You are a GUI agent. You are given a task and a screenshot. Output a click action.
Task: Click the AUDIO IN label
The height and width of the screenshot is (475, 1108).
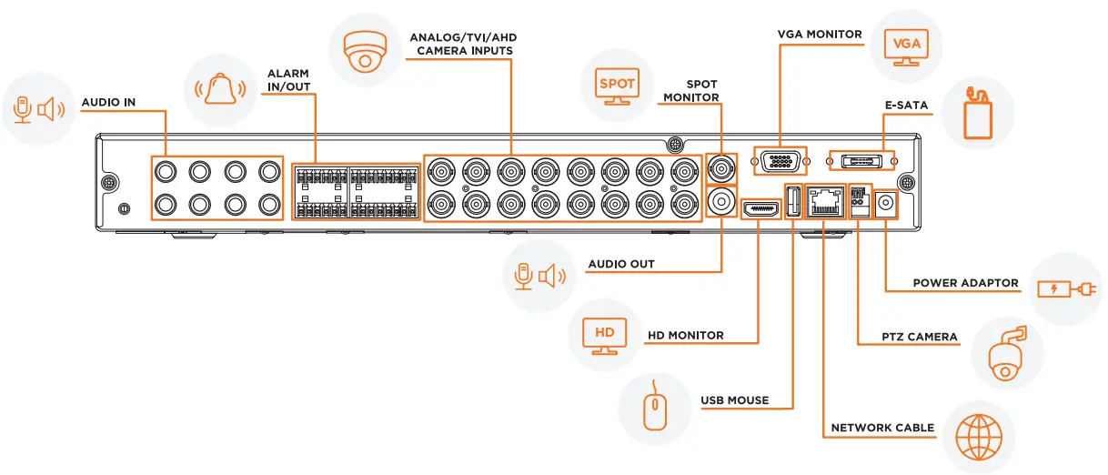click(x=108, y=103)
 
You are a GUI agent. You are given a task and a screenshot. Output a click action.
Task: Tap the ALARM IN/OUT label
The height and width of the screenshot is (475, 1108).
click(x=287, y=80)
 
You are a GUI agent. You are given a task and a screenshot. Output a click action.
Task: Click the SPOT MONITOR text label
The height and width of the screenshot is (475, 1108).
click(x=690, y=91)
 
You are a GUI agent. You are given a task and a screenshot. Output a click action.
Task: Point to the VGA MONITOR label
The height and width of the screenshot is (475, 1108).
click(x=819, y=35)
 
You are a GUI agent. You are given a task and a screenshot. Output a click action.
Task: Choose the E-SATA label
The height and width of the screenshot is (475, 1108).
click(x=906, y=106)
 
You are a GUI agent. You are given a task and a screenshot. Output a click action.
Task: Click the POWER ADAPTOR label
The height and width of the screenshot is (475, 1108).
click(x=965, y=283)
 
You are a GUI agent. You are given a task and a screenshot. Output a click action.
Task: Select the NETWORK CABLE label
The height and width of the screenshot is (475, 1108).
click(x=882, y=428)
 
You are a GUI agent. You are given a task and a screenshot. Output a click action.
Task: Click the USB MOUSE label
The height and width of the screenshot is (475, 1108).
click(x=734, y=400)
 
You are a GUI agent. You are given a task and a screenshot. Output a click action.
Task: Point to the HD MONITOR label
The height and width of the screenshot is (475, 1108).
click(x=685, y=336)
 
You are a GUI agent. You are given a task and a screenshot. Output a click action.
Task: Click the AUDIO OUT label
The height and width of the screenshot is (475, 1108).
click(x=620, y=265)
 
